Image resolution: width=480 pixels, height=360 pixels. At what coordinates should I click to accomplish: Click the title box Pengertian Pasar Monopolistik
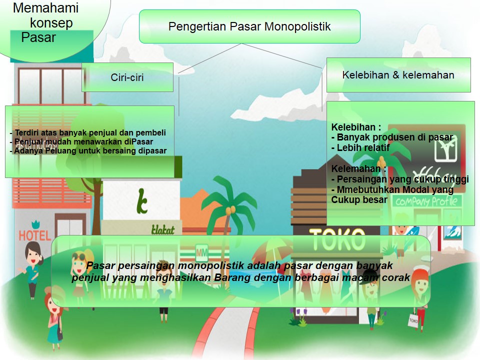click(x=249, y=26)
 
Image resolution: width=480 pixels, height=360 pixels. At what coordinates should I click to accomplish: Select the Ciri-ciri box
click(x=127, y=77)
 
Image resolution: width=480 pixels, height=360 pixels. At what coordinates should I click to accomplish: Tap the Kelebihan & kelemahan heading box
click(x=398, y=75)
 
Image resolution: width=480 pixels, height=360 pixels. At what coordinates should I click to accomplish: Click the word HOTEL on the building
click(x=34, y=235)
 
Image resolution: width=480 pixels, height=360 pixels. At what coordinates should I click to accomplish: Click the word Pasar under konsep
click(x=38, y=37)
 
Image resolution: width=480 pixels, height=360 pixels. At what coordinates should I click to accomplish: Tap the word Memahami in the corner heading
click(x=46, y=8)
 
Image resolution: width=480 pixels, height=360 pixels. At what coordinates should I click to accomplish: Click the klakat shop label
click(x=162, y=230)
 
